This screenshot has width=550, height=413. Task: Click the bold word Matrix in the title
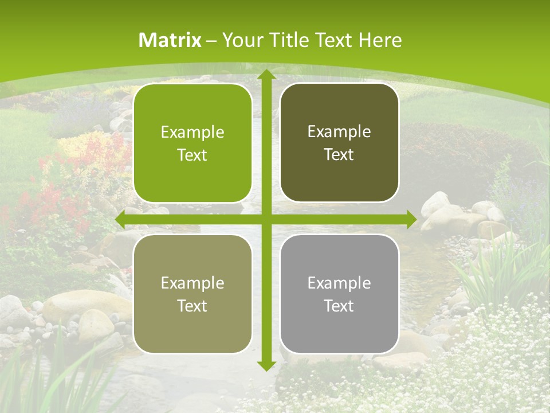(170, 40)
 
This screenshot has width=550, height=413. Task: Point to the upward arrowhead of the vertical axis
(266, 75)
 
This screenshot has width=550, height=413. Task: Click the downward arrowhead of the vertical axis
(266, 365)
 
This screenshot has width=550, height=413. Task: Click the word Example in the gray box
(339, 283)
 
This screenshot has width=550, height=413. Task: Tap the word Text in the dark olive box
(339, 154)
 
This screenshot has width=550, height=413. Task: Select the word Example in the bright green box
(192, 133)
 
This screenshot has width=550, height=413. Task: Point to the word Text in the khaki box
(192, 306)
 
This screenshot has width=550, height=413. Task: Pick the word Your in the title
(239, 40)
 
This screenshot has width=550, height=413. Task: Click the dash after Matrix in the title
(211, 41)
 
